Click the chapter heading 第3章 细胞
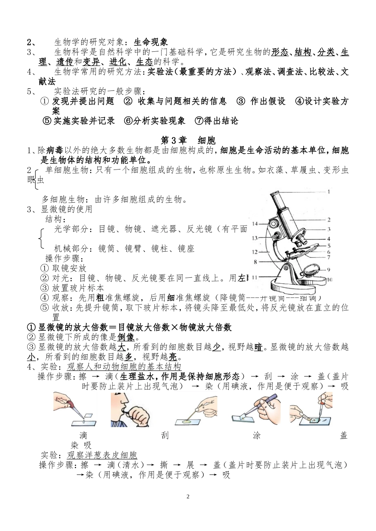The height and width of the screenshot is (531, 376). (188, 141)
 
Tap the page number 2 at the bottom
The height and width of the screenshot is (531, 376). (188, 497)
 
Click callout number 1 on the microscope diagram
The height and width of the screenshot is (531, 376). (329, 192)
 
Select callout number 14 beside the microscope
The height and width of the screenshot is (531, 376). (255, 224)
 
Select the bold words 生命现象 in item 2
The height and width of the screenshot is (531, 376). (151, 42)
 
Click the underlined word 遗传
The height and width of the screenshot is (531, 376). (65, 62)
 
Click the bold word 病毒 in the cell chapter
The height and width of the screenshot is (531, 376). (55, 151)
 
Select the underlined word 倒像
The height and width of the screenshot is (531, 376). (126, 337)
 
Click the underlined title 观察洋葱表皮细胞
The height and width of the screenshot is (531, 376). (102, 455)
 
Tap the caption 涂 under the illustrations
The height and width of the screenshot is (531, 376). (256, 436)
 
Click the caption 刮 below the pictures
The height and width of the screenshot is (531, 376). (165, 436)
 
